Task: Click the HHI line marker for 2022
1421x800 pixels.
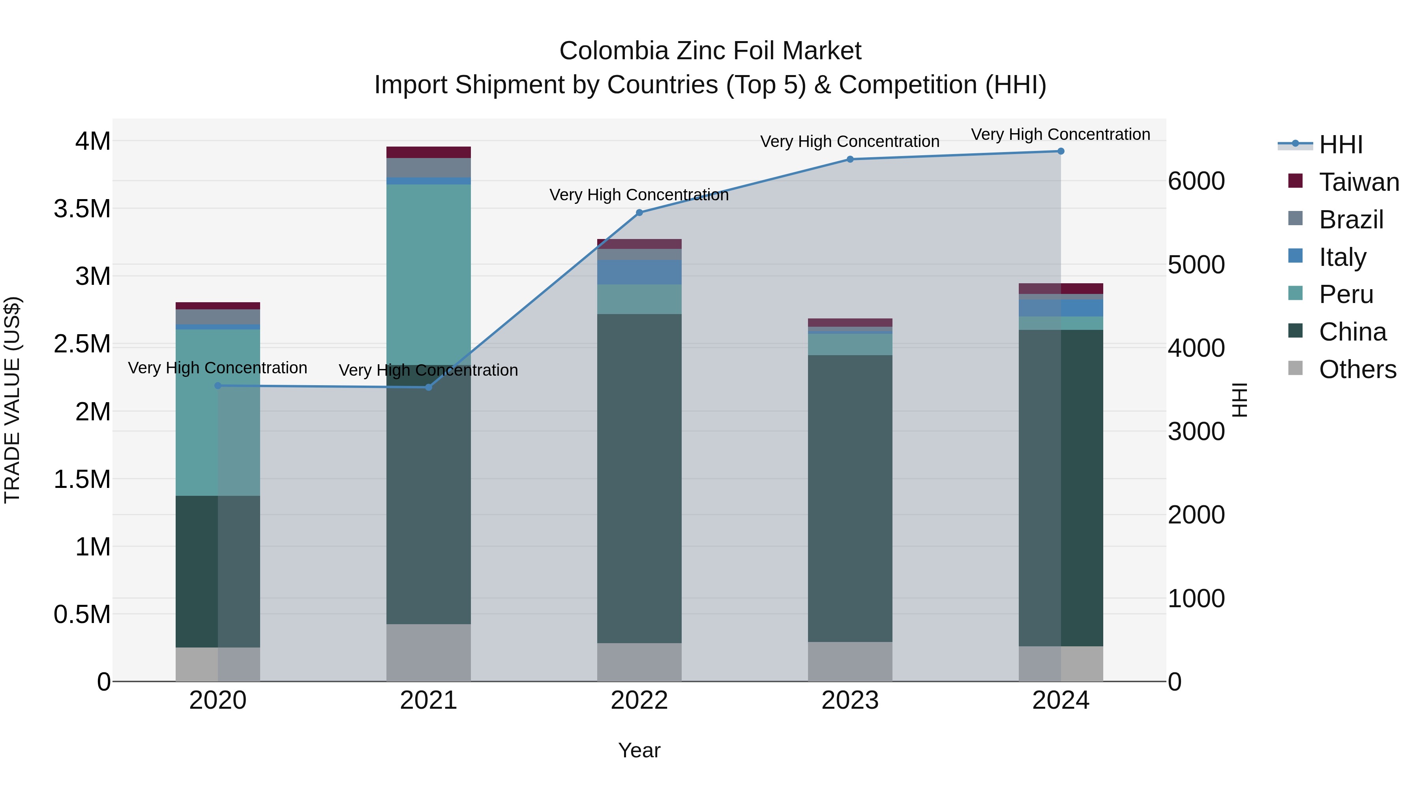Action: tap(639, 213)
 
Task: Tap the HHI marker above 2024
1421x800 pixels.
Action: tap(1061, 151)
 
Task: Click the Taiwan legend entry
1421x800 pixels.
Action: tap(1359, 182)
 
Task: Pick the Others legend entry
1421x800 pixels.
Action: tap(1357, 369)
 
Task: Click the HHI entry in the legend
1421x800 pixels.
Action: tap(1340, 145)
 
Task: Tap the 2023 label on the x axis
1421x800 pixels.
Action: tap(850, 700)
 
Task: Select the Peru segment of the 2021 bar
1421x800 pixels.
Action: tap(429, 275)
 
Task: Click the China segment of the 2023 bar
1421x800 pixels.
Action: tap(850, 497)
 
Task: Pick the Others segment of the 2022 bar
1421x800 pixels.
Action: tap(639, 662)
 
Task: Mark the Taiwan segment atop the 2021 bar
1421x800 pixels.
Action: tap(429, 152)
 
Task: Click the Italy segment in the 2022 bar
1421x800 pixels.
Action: tap(639, 272)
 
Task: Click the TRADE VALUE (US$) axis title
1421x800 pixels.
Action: tap(12, 400)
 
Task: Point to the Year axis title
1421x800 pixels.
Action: tap(639, 750)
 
